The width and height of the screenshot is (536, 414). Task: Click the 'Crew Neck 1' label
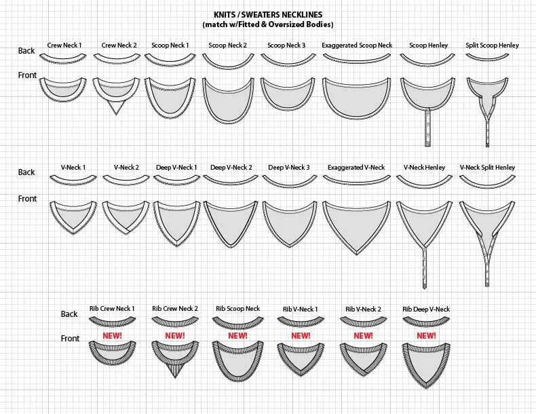point(64,45)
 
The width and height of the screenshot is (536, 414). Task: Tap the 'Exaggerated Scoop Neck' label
point(357,45)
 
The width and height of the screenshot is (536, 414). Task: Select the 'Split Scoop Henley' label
point(492,45)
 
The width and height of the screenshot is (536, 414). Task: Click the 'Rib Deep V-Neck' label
point(426,309)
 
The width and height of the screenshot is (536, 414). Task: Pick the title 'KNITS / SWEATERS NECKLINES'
point(268,15)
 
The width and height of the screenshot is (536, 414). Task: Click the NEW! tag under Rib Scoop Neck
point(237,335)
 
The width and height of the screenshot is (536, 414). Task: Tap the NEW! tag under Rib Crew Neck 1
point(112,335)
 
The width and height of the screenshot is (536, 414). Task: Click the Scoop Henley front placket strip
point(426,126)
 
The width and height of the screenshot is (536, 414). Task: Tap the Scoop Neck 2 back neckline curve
point(228,63)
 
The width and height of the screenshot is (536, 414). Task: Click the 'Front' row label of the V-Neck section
point(28,199)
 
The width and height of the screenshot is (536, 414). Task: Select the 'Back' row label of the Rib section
point(69,314)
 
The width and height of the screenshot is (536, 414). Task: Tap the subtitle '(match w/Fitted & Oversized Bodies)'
point(268,24)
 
